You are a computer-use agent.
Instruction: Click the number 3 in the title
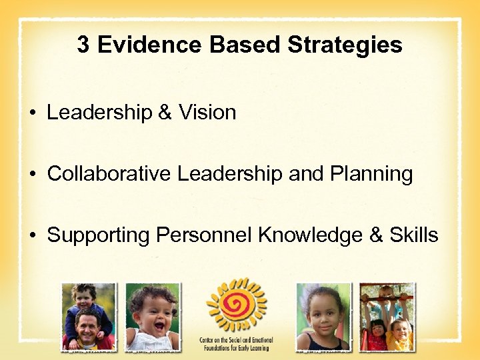[83, 45]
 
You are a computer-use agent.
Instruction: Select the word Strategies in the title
[345, 45]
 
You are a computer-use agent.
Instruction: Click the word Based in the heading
[246, 45]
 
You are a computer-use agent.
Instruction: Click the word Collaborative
[109, 174]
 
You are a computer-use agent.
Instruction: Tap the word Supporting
[99, 235]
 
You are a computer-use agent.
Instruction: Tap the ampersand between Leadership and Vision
[164, 113]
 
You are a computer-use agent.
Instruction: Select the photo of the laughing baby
[153, 316]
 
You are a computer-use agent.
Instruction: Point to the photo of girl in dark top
[323, 316]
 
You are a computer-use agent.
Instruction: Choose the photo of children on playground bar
[387, 316]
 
